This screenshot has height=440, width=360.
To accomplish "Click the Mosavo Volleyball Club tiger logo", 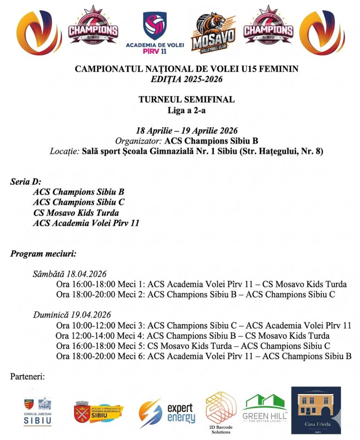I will tap(213, 31).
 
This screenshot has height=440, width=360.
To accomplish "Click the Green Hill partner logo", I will tap(265, 408).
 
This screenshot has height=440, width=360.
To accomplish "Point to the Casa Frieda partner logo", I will tap(316, 410).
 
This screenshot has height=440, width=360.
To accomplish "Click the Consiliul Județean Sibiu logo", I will tap(37, 411).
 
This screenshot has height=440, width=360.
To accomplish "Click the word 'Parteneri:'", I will tap(27, 376).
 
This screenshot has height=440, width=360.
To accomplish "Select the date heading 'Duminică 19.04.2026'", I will tap(72, 314).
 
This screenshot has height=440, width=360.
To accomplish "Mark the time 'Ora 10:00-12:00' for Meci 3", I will tap(83, 326).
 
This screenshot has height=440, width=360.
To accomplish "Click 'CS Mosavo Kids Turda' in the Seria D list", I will tap(75, 213).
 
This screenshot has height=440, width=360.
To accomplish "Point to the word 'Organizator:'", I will tap(139, 141).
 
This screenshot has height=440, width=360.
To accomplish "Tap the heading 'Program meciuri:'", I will tap(43, 254).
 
